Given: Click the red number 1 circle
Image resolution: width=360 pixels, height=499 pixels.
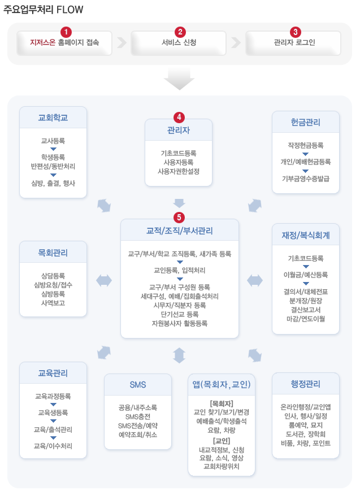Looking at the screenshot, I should tap(67, 32).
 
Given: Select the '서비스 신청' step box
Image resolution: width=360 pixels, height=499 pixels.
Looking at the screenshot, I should tap(179, 42).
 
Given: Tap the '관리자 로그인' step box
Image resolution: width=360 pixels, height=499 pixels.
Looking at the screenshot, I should tap(294, 42).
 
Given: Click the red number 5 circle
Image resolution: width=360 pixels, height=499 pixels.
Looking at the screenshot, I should tap(179, 217).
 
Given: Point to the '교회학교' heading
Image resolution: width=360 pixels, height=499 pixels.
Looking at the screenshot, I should tap(53, 118).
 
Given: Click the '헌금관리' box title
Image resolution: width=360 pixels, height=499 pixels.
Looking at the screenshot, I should tap(305, 122).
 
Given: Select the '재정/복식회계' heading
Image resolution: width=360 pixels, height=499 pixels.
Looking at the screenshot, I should tap(305, 234).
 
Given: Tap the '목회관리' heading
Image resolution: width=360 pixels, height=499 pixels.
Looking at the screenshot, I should tap(53, 252).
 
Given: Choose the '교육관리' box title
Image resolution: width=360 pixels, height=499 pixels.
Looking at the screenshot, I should tap(53, 373).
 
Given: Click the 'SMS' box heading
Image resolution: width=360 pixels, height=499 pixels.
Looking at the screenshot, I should tap(138, 385).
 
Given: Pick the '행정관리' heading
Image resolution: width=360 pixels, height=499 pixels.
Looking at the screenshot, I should tap(305, 384).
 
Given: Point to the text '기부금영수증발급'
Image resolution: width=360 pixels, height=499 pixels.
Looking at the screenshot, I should tap(305, 179).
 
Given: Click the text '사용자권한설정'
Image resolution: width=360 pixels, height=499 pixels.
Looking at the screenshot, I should tap(179, 171).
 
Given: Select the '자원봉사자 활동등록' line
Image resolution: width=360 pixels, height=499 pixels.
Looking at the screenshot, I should tap(179, 324).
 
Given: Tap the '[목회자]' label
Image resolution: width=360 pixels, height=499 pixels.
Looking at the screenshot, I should tap(222, 403).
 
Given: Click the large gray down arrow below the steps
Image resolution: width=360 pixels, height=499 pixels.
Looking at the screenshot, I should tap(179, 82).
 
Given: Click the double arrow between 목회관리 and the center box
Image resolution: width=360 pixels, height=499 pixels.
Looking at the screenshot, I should tap(104, 280).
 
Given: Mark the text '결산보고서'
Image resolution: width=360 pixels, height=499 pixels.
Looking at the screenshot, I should tap(305, 309).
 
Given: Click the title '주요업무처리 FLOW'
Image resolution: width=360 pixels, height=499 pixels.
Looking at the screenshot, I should tap(44, 10).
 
